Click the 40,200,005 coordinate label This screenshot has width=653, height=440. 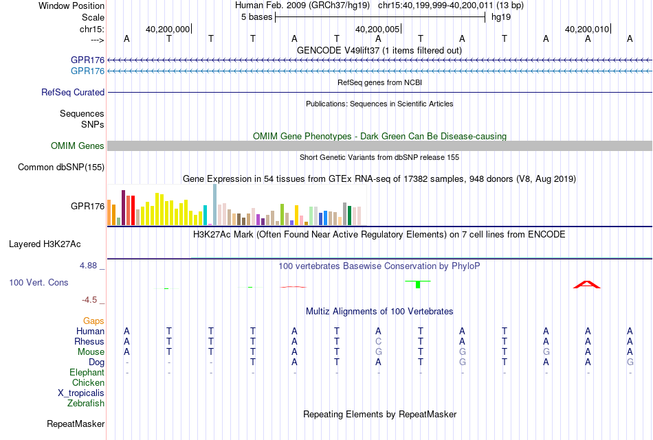point(377,29)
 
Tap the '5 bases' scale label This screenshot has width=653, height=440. point(256,17)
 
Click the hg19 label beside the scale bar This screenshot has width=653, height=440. point(501,17)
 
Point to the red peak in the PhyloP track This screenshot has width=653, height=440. point(587,284)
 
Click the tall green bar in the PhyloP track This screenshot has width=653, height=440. point(418,284)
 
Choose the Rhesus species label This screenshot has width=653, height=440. point(89,341)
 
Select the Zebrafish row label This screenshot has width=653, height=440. point(86,403)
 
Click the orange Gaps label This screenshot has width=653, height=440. point(93,321)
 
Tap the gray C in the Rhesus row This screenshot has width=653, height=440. point(378,341)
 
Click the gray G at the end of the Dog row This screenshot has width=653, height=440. point(630,362)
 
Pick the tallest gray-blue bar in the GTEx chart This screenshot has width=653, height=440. point(215,205)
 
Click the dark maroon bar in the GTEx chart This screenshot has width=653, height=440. point(123,207)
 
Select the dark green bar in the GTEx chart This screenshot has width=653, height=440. point(349,216)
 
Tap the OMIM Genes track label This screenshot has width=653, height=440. point(78,146)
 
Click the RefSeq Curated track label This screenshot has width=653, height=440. point(73,93)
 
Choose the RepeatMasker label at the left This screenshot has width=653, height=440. point(76,424)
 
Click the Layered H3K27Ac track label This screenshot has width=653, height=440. point(45,244)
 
